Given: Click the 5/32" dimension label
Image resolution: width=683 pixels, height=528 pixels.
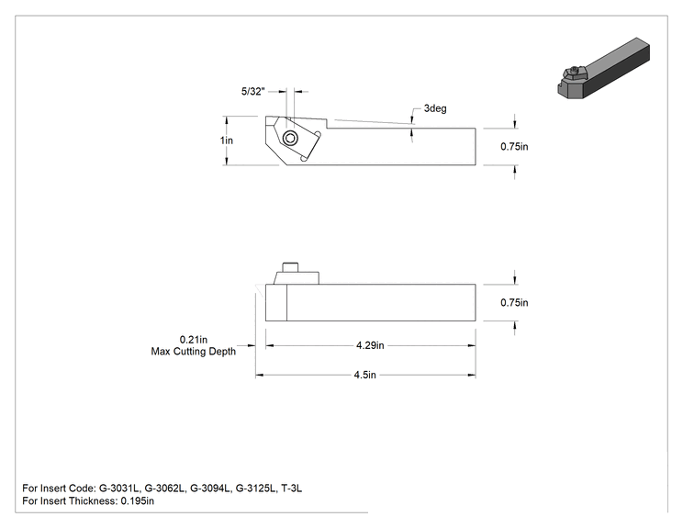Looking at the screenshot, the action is [253, 91].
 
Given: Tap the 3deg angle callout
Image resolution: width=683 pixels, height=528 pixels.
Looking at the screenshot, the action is [435, 108].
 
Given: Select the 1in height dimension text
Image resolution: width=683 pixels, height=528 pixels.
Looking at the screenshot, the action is [227, 140].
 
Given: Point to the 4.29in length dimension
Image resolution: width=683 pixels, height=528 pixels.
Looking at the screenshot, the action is [370, 345].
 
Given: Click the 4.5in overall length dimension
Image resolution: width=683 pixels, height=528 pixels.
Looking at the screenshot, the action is [365, 375].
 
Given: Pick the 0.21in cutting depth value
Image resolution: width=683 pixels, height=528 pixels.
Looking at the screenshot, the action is [194, 340].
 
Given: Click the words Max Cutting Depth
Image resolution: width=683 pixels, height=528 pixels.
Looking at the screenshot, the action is [194, 351].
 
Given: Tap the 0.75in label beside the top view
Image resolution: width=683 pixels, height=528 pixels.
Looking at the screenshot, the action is [514, 146].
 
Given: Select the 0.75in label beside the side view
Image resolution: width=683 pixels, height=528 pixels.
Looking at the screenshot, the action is [514, 302].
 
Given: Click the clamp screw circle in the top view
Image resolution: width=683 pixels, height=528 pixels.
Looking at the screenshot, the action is [290, 139].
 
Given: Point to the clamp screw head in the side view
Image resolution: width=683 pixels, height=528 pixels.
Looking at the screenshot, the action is [290, 267].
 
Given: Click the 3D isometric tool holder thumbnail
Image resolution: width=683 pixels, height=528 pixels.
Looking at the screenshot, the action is [604, 68].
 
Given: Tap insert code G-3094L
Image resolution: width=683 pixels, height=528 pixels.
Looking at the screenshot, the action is [210, 489].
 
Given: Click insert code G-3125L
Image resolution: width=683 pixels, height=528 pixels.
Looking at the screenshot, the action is [256, 489].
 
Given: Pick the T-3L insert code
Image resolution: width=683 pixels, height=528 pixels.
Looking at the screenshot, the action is [291, 489].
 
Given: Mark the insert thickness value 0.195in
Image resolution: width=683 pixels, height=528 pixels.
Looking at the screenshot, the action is [137, 501].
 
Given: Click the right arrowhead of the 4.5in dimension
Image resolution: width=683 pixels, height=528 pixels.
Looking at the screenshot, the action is [472, 375].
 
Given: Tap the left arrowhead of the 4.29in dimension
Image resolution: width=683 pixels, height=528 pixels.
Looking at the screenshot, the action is [270, 345].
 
